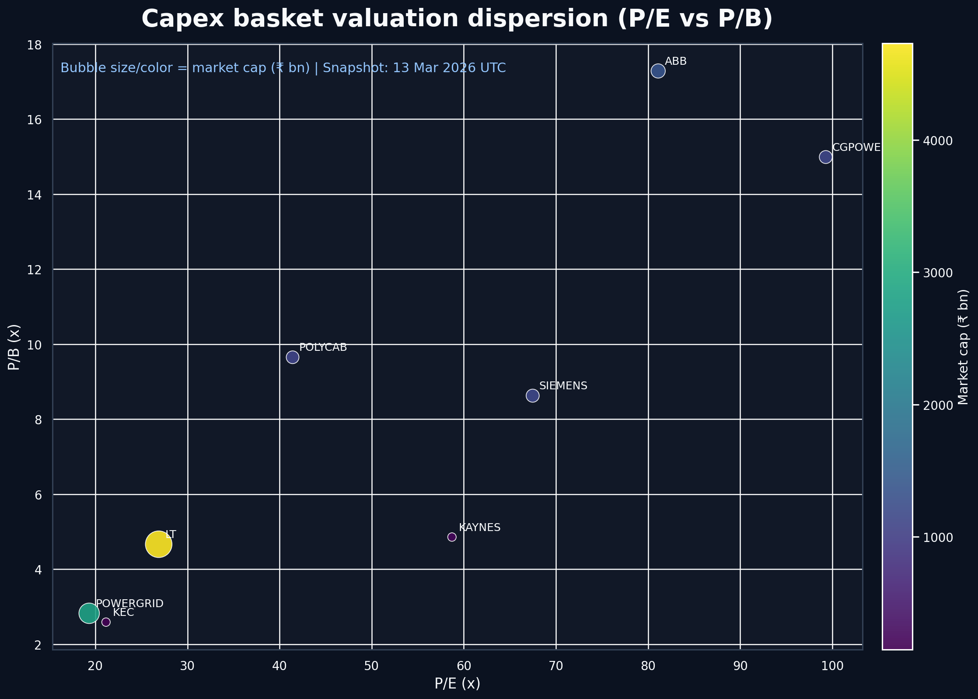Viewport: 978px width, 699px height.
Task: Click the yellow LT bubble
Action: coord(158,544)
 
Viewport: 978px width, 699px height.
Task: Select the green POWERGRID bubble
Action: coord(89,613)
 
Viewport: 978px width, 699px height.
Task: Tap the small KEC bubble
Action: coord(106,622)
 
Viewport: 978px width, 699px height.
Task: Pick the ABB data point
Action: coord(658,71)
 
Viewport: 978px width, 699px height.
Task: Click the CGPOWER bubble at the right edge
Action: coord(825,157)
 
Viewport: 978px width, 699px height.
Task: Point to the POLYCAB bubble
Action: coord(293,357)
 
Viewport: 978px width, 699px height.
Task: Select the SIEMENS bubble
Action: coord(532,395)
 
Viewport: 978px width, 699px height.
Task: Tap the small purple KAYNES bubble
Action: coord(452,537)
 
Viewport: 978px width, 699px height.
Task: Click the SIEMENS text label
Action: coord(563,386)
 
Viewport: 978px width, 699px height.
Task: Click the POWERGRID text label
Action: coord(129,604)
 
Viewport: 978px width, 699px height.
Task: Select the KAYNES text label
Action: coord(479,528)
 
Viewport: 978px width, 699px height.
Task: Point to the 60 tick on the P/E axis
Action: coord(464,666)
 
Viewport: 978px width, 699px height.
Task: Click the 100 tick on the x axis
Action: coord(832,666)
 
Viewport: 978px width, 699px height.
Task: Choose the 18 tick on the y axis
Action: coord(35,45)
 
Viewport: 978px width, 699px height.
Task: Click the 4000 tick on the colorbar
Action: coord(937,141)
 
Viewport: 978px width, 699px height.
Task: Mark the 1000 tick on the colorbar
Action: coord(937,538)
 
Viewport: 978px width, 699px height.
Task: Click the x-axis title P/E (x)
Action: coord(457,684)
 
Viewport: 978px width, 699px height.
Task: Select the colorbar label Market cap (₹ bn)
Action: coord(964,346)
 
